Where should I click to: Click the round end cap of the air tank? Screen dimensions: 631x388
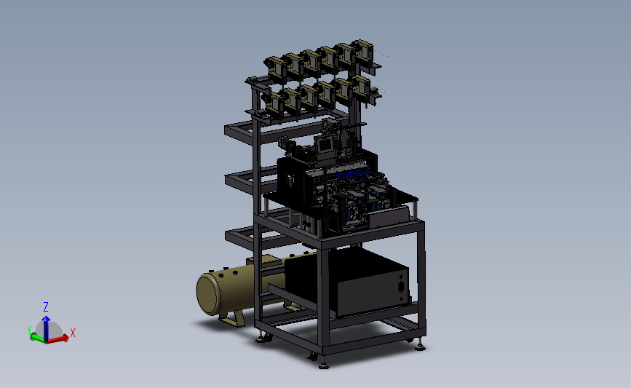[x=208, y=293]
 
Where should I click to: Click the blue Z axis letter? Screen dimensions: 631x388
[x=46, y=307]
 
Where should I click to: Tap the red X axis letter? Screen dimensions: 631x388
[x=73, y=333]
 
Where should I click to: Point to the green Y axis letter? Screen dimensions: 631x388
[x=28, y=330]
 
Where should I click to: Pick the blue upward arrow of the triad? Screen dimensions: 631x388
[x=46, y=328]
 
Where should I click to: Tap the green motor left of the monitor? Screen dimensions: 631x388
[x=285, y=143]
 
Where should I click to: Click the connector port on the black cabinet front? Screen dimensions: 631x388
[x=401, y=287]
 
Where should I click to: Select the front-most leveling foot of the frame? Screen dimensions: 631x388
[x=324, y=365]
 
